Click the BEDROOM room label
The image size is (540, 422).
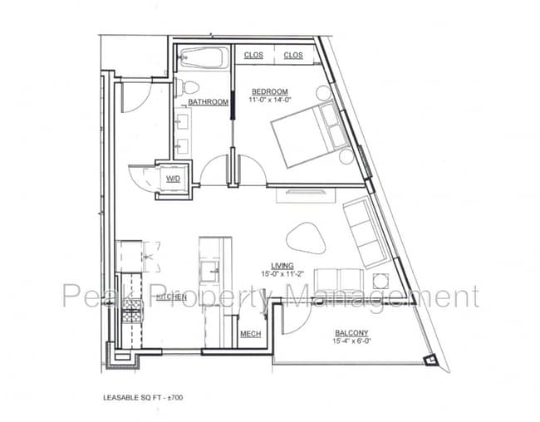click(270, 91)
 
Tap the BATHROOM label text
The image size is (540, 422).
click(208, 102)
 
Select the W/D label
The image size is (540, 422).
click(174, 179)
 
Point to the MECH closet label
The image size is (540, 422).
click(250, 335)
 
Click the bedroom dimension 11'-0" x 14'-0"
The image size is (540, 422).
click(270, 101)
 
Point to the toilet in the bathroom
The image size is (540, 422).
click(188, 87)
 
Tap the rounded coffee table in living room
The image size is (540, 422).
click(306, 238)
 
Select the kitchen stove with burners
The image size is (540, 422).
click(131, 315)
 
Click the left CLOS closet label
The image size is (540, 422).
click(253, 56)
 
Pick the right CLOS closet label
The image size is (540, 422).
click(293, 56)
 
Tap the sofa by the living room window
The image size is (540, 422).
click(363, 228)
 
